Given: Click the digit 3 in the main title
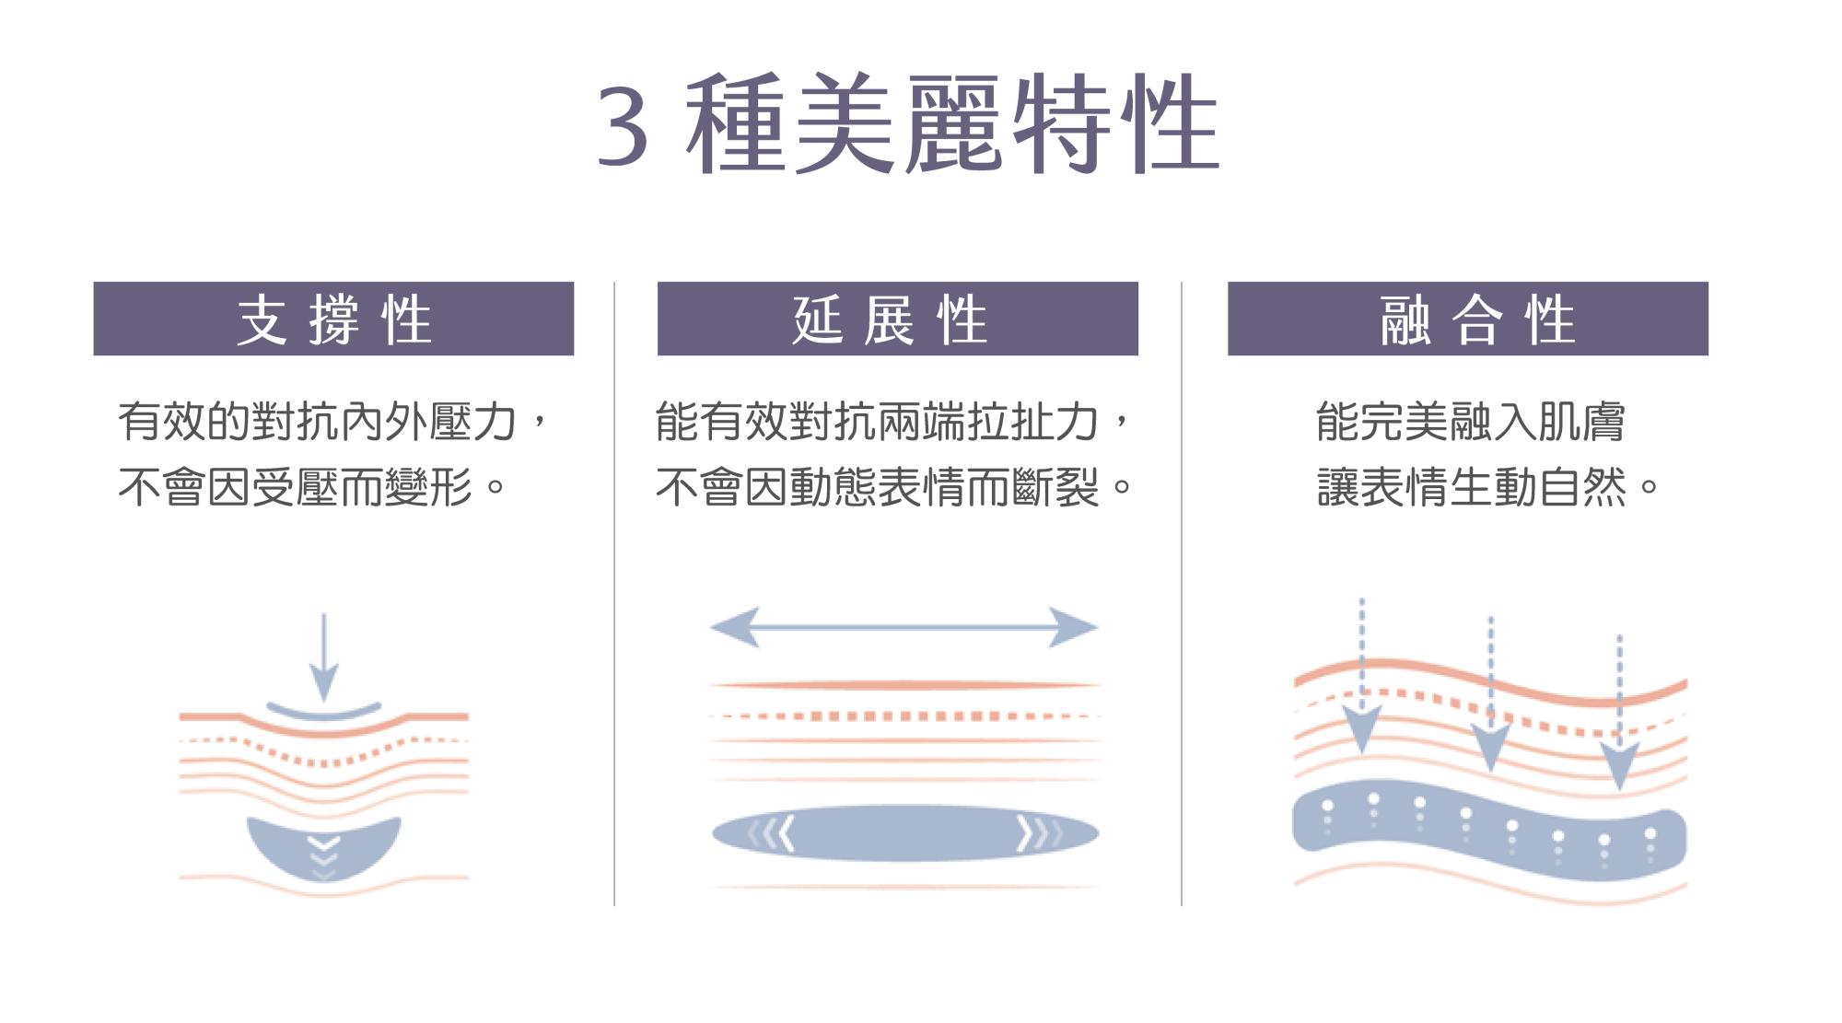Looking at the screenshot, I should click(624, 127).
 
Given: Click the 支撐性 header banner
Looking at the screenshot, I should click(333, 319).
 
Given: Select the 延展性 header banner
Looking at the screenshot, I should click(897, 319).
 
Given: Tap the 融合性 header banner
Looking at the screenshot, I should click(1467, 319).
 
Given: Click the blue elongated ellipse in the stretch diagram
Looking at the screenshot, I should click(904, 833).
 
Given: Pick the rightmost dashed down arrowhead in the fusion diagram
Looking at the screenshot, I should click(1619, 764).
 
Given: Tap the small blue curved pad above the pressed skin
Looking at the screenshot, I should click(323, 712).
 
